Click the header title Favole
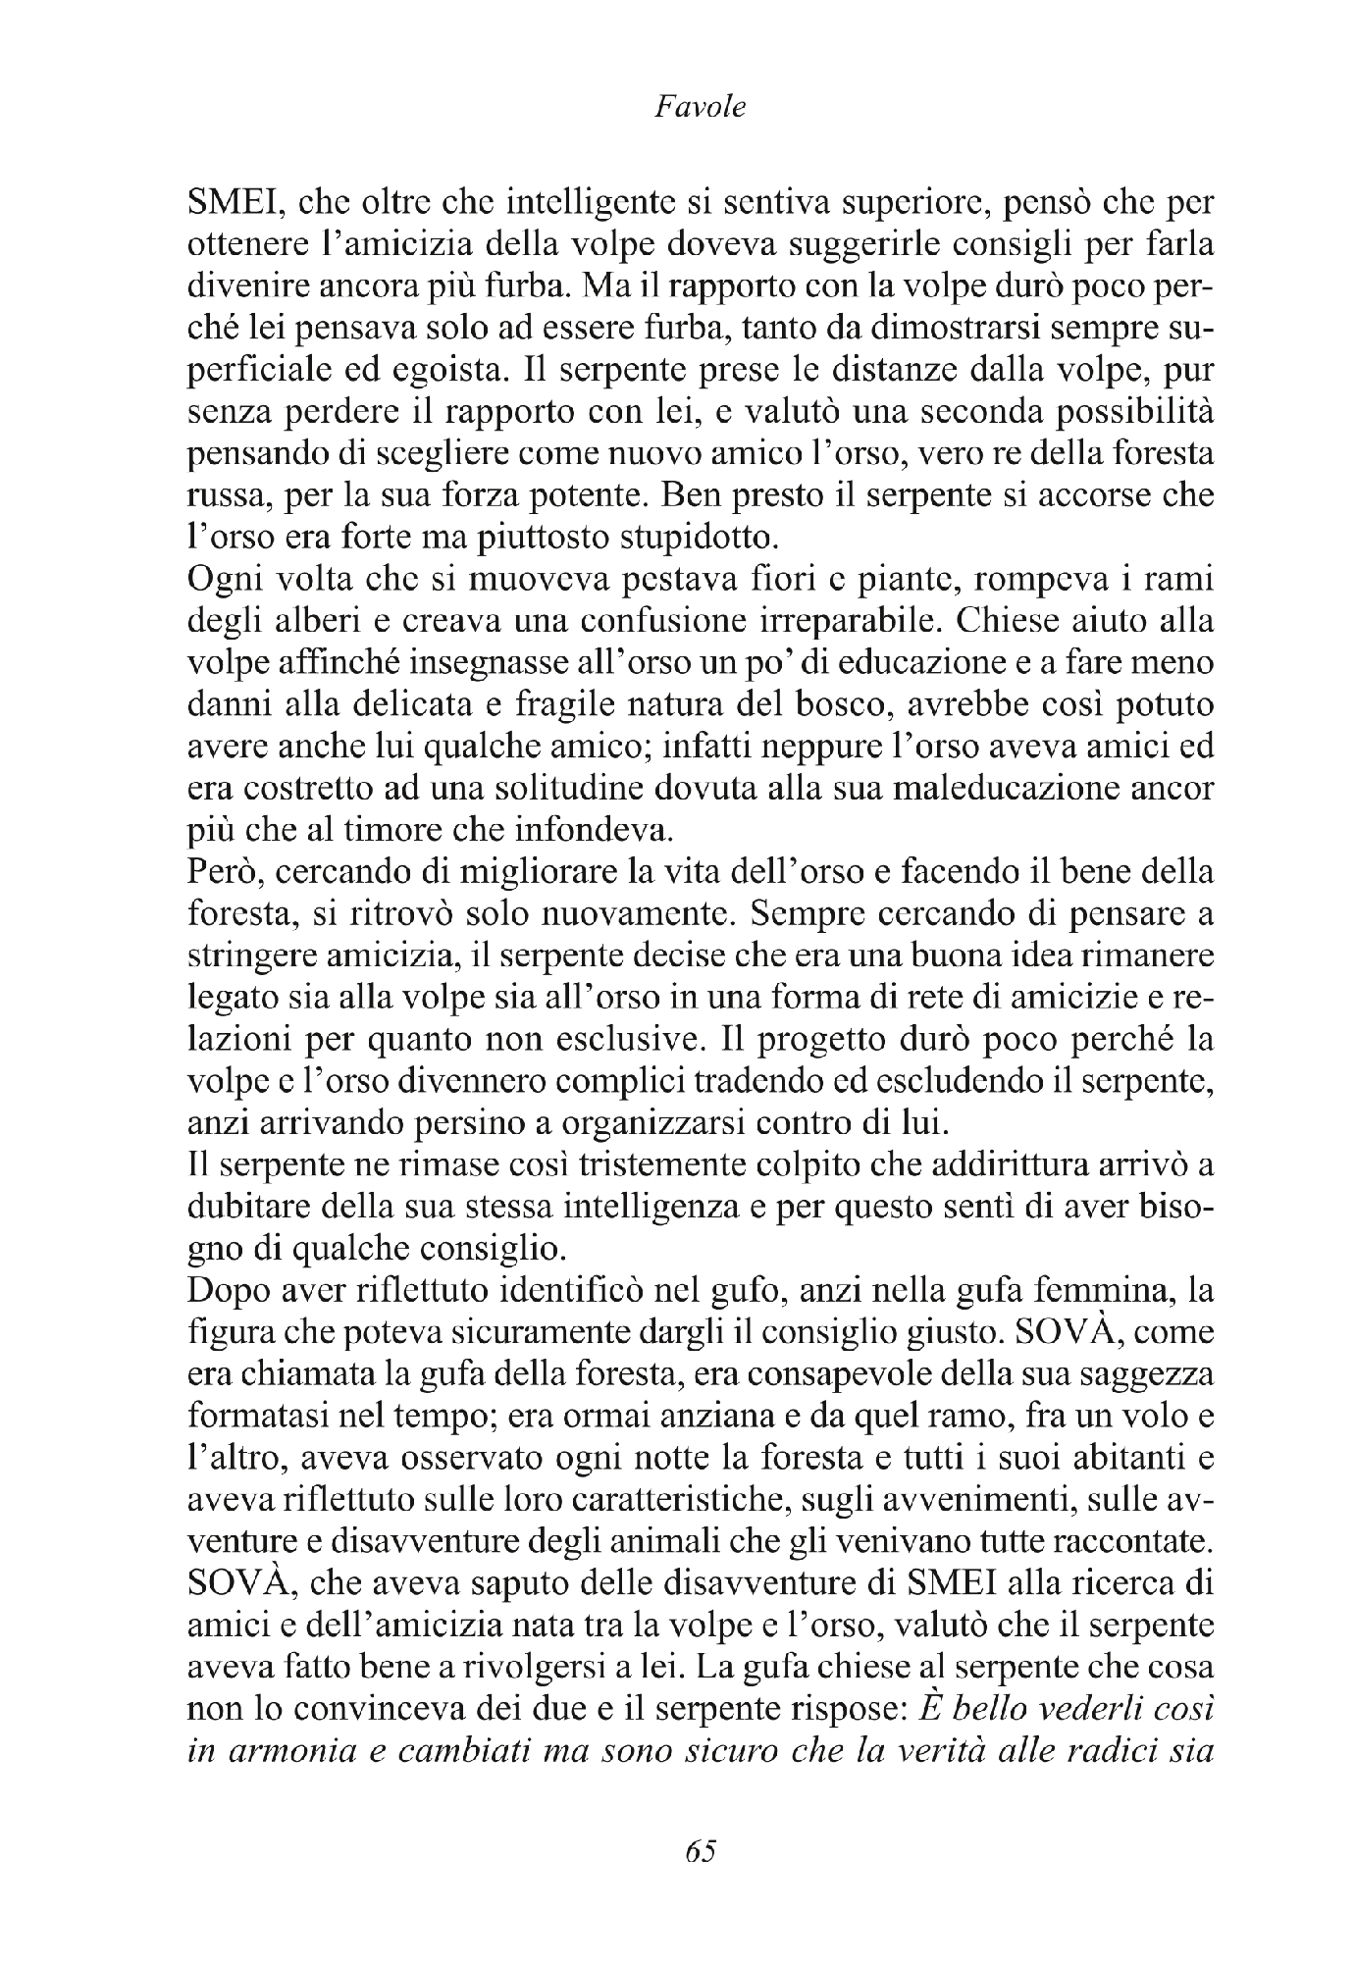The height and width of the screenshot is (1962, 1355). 699,106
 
